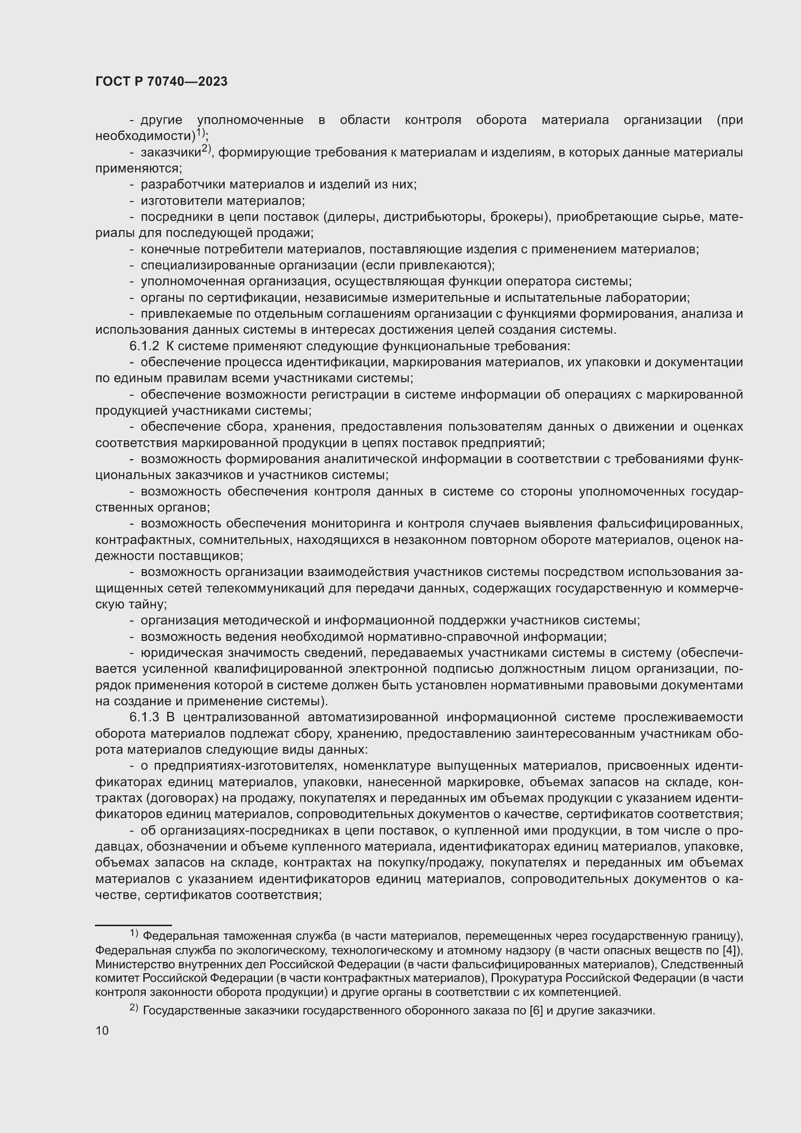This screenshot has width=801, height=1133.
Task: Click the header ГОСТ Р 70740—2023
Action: click(x=161, y=81)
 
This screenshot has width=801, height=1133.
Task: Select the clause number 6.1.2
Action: click(x=144, y=346)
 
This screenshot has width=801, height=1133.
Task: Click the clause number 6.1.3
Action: click(x=144, y=717)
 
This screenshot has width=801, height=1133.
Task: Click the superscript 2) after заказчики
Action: click(x=206, y=150)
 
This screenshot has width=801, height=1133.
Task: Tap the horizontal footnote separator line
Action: click(x=133, y=925)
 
